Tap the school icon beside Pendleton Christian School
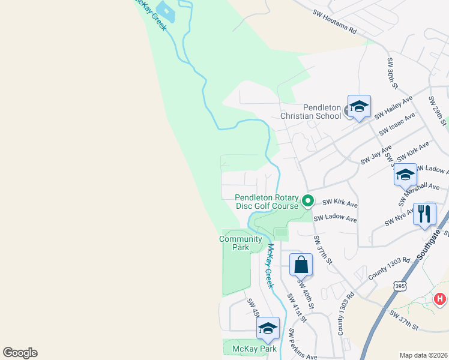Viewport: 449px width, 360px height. pyautogui.click(x=359, y=107)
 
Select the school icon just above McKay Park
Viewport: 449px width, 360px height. pyautogui.click(x=268, y=328)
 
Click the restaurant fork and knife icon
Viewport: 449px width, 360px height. pyautogui.click(x=425, y=214)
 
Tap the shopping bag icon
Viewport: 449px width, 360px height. pyautogui.click(x=301, y=265)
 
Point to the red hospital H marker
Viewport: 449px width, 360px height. pyautogui.click(x=440, y=298)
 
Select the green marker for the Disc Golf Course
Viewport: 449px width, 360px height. pyautogui.click(x=308, y=201)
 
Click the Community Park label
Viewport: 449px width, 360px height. pyautogui.click(x=241, y=243)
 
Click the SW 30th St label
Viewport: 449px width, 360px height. pyautogui.click(x=393, y=74)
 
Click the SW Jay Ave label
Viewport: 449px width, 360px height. pyautogui.click(x=376, y=155)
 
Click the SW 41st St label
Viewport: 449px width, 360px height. pyautogui.click(x=296, y=308)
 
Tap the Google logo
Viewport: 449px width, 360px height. pyautogui.click(x=20, y=353)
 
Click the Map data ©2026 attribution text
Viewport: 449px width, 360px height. pyautogui.click(x=423, y=355)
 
